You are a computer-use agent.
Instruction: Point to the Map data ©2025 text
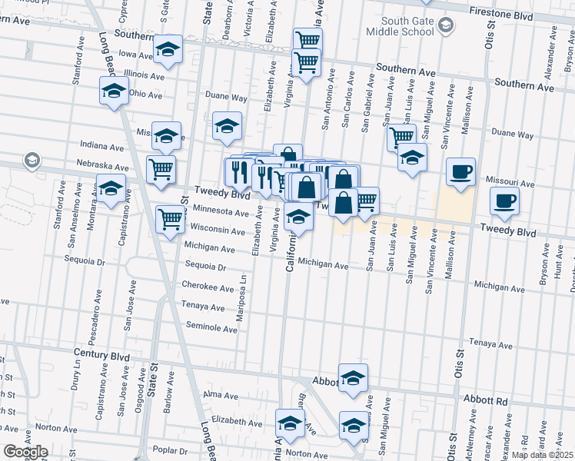(542, 455)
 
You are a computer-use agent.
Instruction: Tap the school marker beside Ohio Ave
(114, 91)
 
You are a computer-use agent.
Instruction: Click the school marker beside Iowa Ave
(167, 50)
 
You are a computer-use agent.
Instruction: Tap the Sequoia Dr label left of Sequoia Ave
(205, 268)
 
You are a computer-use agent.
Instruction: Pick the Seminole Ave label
(211, 328)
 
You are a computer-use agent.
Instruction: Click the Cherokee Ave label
(208, 287)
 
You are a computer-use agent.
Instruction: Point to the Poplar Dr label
(171, 450)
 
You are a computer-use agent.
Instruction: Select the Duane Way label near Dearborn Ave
(225, 98)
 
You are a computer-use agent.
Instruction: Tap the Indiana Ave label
(102, 146)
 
